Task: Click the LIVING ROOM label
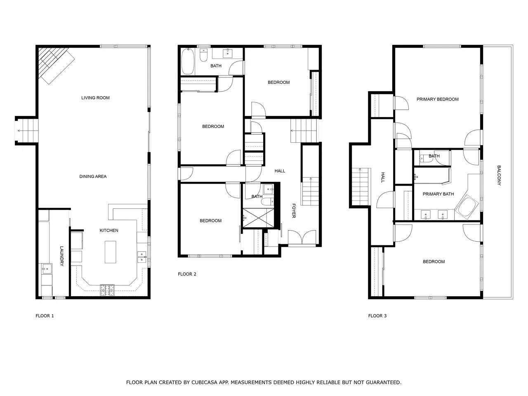tap(95, 98)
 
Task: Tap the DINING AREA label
tap(93, 177)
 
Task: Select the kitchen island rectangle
tap(111, 252)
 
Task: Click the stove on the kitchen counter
tap(107, 290)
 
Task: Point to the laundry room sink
tap(47, 269)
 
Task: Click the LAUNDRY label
tap(61, 256)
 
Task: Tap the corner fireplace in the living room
tap(56, 64)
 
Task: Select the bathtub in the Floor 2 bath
tap(188, 61)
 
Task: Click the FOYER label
tap(294, 211)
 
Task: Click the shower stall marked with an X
tap(258, 218)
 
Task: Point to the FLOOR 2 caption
tap(187, 274)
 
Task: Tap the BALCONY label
tap(499, 175)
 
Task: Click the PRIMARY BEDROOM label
tap(437, 99)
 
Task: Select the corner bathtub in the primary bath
tap(467, 207)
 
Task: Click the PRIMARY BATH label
tap(438, 194)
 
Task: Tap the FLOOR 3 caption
tap(377, 316)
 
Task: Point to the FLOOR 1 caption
tap(45, 316)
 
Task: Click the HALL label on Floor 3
tap(383, 177)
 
